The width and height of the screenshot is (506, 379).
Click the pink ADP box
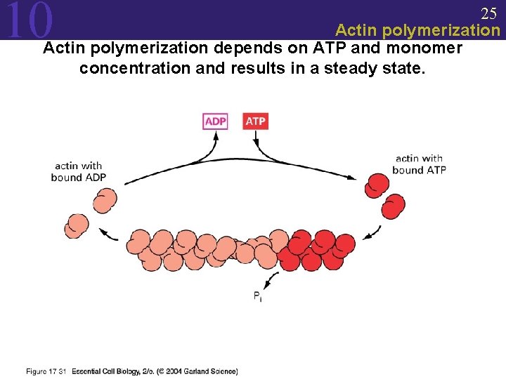click(x=215, y=121)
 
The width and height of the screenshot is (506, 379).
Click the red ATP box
click(x=255, y=121)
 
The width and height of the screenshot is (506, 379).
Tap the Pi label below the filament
click(x=259, y=296)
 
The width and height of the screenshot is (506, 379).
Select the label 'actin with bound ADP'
click(x=79, y=172)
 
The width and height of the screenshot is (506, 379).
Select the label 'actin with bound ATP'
click(x=419, y=164)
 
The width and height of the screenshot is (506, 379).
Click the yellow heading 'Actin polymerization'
click(x=417, y=30)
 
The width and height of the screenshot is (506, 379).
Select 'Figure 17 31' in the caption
click(x=46, y=371)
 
